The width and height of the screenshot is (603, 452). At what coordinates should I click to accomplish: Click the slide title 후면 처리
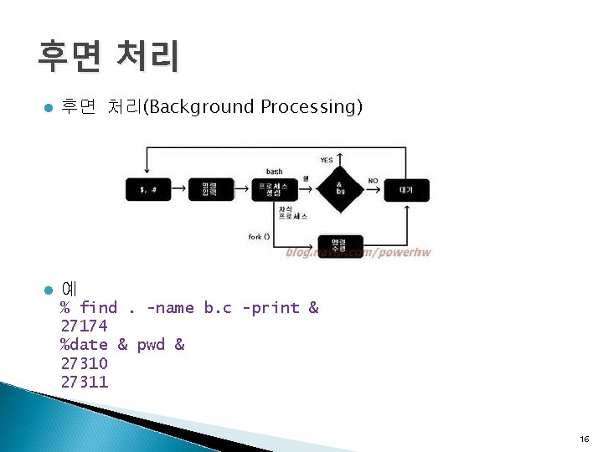pos(107,56)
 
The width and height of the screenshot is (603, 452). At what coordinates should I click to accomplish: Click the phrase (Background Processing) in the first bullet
pos(254,107)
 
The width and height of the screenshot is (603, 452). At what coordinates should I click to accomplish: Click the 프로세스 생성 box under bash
pos(274,189)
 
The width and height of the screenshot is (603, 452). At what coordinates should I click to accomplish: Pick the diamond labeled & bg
pos(340,187)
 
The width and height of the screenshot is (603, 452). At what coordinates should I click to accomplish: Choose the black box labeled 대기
pos(406,190)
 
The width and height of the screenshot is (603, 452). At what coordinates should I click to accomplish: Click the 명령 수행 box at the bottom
pos(340,246)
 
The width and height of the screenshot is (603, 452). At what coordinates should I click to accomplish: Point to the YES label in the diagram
pos(327,159)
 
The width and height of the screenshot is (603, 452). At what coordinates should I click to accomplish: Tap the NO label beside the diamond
pos(373,180)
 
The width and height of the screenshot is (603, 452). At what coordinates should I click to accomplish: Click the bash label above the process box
pos(274,172)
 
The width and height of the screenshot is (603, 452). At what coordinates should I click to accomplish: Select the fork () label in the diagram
pos(259,237)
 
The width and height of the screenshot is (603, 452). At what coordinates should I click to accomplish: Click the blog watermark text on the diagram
pos(358,252)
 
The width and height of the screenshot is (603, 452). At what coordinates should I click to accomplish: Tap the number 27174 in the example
pos(84,326)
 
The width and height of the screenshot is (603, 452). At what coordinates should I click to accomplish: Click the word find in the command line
pos(98,308)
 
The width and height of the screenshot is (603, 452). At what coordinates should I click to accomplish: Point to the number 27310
pos(84,363)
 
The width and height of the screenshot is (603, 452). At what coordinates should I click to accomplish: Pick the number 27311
pos(84,382)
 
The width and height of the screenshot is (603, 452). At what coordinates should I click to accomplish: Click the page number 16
pos(583,439)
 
